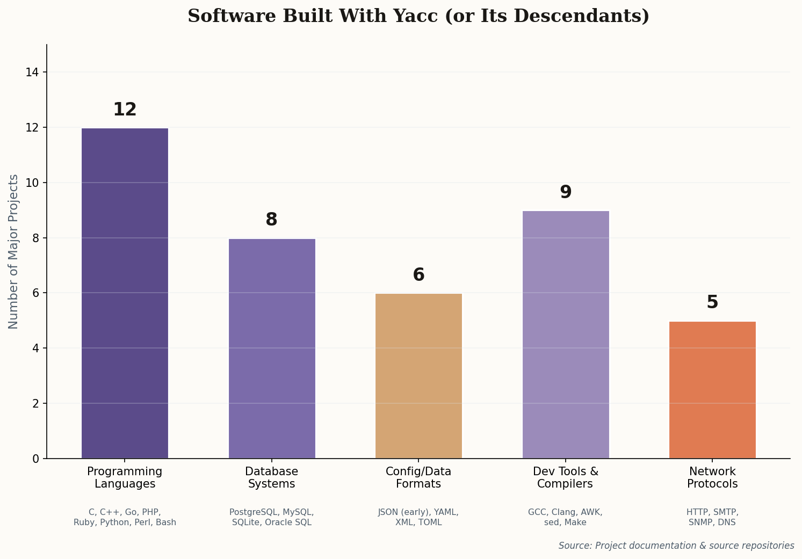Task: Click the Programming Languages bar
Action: click(125, 293)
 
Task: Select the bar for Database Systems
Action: click(272, 349)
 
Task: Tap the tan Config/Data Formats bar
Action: click(418, 376)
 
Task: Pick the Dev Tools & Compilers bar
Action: click(566, 335)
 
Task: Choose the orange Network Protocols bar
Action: click(712, 390)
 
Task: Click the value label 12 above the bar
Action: click(125, 110)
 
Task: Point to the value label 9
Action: click(566, 192)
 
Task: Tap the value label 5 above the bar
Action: click(712, 302)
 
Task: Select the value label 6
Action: click(418, 275)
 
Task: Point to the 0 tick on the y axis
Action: click(35, 459)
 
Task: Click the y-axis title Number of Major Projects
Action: click(13, 251)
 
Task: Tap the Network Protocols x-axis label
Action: click(712, 477)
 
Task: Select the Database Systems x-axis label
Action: click(272, 477)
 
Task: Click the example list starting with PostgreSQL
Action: click(272, 517)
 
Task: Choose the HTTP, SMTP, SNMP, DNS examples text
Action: click(712, 517)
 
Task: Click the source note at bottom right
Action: click(676, 546)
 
